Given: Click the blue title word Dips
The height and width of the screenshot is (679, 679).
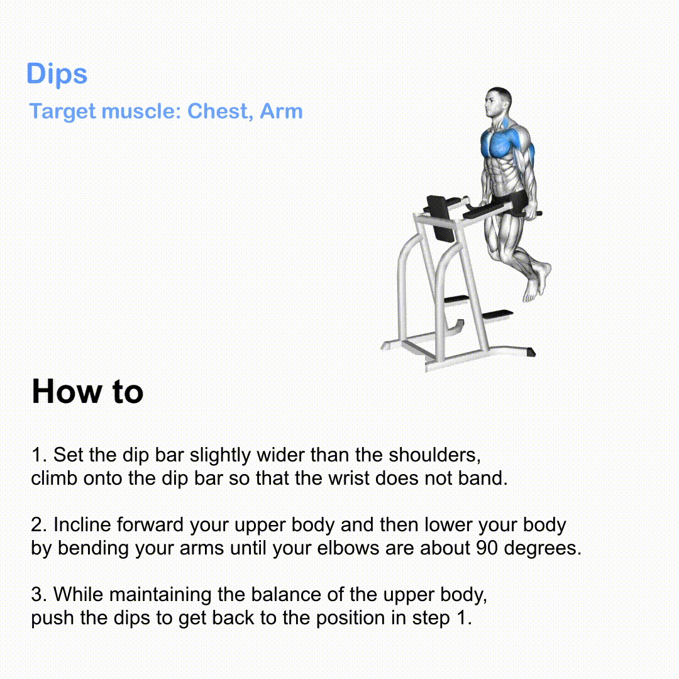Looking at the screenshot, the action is tap(57, 74).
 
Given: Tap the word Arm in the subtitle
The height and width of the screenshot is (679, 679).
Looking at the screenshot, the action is tap(281, 111).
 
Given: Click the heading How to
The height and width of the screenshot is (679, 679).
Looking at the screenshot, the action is tap(87, 392).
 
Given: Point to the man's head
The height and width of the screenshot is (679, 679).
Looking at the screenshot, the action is tap(498, 102).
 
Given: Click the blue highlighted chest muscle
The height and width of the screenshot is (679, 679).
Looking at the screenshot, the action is tap(498, 143).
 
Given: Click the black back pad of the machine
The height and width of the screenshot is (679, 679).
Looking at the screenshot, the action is tap(441, 219).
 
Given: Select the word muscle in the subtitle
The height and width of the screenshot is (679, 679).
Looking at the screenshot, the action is tap(141, 112).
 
